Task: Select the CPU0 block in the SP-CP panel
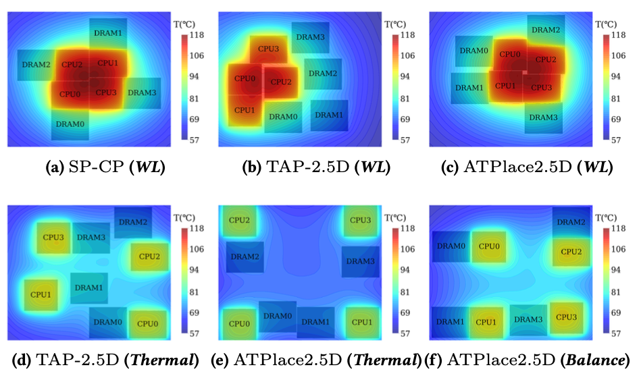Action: (70, 93)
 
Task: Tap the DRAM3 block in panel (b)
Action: (311, 38)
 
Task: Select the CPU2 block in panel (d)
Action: (149, 256)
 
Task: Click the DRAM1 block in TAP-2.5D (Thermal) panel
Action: (88, 288)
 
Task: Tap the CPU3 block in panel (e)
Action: (361, 221)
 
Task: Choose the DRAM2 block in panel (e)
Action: (245, 256)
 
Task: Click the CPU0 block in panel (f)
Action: (488, 247)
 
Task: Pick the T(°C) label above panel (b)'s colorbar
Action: (394, 24)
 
